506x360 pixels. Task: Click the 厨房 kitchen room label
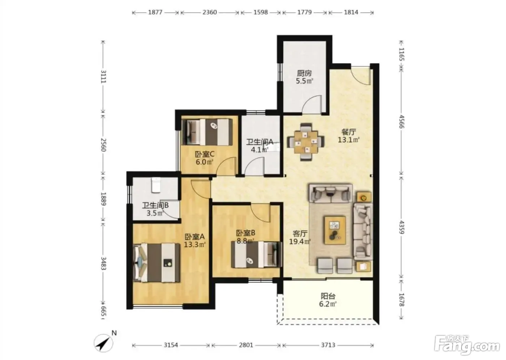pos(304,73)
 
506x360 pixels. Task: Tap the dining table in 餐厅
pos(306,142)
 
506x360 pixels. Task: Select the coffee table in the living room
pos(335,230)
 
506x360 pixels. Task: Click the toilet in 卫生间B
pos(156,185)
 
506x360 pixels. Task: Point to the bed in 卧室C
pos(207,132)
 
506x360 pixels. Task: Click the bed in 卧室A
pos(157,262)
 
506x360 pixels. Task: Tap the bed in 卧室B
pos(257,254)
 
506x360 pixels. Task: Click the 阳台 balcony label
pos(328,296)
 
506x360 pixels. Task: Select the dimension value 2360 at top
pos(209,12)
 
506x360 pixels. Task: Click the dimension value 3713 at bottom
pos(328,345)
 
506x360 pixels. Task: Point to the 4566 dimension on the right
pos(402,121)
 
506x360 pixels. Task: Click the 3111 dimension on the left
pos(103,77)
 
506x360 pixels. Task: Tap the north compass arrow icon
pos(103,343)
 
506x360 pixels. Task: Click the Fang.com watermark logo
pos(467,347)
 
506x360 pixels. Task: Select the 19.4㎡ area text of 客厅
pos(300,242)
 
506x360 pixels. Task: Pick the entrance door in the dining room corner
pos(361,76)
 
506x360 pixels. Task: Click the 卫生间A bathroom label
pos(260,142)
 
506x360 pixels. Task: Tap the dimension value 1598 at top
pos(261,12)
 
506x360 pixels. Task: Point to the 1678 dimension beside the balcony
pos(402,300)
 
